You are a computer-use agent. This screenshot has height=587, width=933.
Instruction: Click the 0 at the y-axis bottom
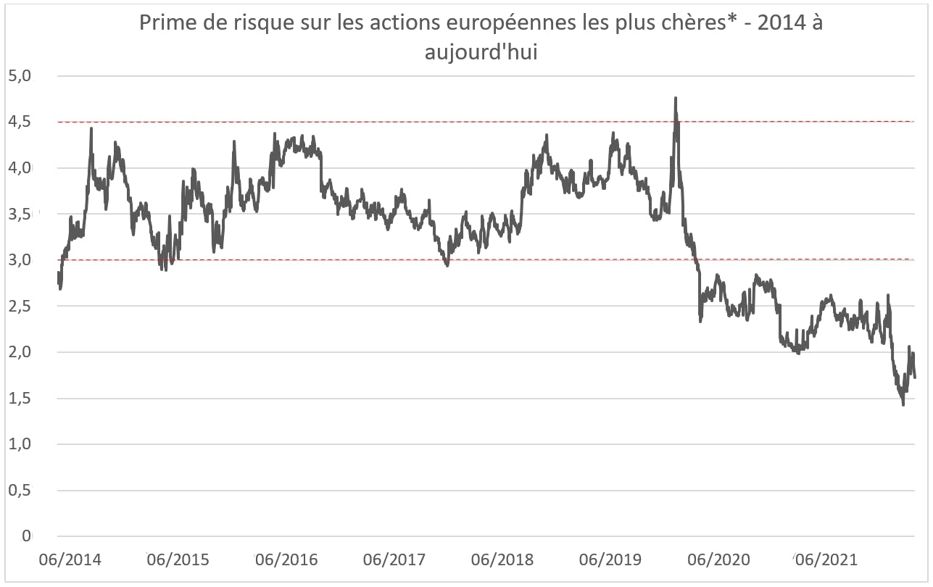click(26, 536)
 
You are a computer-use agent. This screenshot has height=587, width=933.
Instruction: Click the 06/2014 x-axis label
click(70, 560)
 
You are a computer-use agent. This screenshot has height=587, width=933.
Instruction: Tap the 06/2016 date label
click(286, 560)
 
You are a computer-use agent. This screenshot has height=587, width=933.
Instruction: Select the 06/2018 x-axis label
click(502, 560)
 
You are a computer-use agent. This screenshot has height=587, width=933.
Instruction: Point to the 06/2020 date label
click(718, 560)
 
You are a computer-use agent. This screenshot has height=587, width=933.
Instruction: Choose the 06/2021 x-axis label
click(826, 560)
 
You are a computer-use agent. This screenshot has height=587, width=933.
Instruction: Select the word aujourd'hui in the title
click(481, 53)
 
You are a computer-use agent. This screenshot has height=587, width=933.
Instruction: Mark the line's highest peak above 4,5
click(676, 98)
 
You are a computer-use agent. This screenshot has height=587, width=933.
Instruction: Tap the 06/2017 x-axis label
click(394, 560)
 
